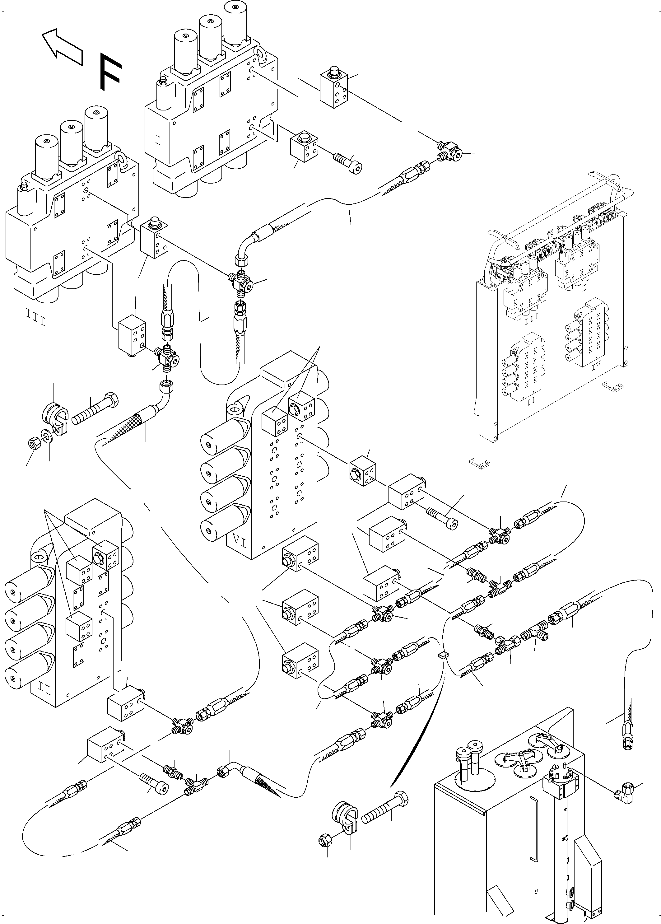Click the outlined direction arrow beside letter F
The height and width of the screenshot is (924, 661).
62,47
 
